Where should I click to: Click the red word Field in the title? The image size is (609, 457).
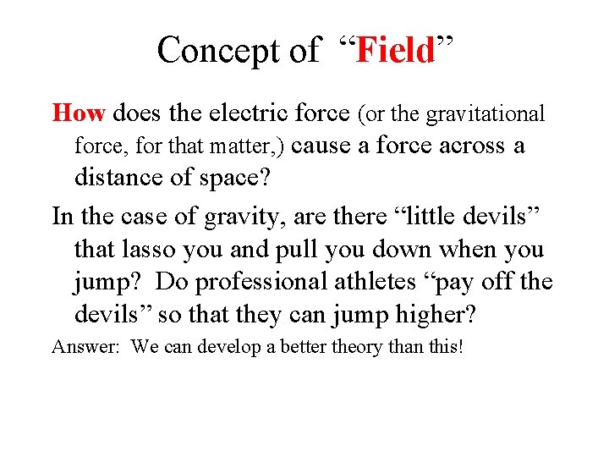[x=395, y=50]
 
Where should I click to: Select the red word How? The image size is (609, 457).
[x=79, y=113]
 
